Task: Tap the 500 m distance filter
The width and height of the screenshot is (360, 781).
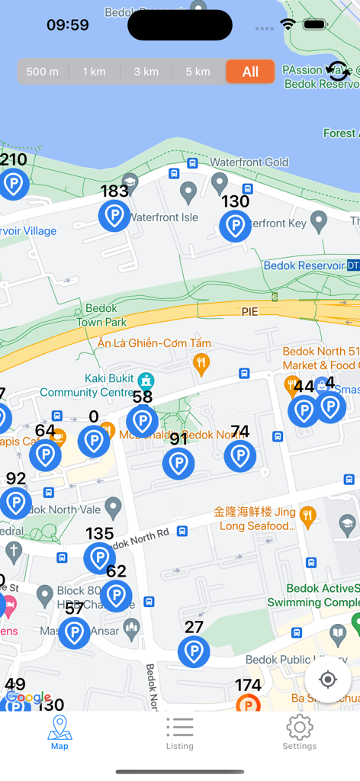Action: [x=43, y=72]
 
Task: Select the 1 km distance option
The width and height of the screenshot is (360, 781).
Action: [x=95, y=72]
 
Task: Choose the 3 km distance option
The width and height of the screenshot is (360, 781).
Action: [x=146, y=72]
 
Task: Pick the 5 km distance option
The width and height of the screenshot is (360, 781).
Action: [x=198, y=72]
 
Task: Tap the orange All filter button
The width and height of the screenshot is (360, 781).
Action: [x=250, y=72]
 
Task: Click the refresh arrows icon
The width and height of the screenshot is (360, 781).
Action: [x=338, y=71]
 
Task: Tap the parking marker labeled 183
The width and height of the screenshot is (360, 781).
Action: [x=114, y=216]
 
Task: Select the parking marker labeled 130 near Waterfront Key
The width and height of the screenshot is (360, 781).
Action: [x=235, y=226]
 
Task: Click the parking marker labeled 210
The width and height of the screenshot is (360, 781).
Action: [x=13, y=184]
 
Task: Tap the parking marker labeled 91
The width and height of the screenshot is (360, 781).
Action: [x=178, y=463]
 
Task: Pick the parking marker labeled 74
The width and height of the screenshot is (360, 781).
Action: [x=240, y=456]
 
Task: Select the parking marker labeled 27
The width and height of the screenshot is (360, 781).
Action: [x=194, y=651]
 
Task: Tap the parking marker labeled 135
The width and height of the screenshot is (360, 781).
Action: [x=99, y=558]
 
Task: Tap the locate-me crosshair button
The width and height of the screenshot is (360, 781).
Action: [x=328, y=680]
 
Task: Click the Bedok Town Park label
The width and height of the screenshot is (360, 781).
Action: [x=101, y=315]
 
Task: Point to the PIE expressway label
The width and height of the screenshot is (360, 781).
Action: [x=250, y=312]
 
